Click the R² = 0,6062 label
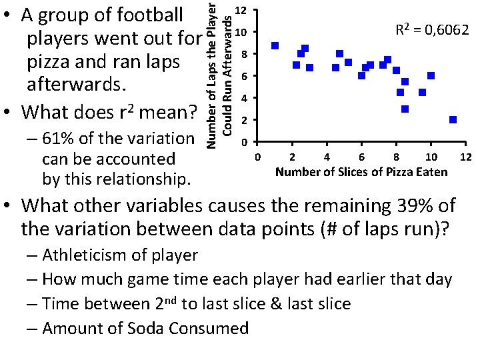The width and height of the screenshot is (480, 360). pyautogui.click(x=433, y=29)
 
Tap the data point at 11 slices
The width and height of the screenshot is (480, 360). pyautogui.click(x=453, y=120)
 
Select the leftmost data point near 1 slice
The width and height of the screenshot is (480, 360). pyautogui.click(x=275, y=46)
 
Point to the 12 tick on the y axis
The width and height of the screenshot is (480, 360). pyautogui.click(x=245, y=11)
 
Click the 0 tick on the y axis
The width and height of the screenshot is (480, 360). pyautogui.click(x=245, y=142)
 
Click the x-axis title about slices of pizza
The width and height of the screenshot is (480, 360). pyautogui.click(x=361, y=173)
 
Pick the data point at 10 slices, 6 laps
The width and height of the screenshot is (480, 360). pyautogui.click(x=431, y=75)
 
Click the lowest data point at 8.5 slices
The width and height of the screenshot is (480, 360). pyautogui.click(x=405, y=109)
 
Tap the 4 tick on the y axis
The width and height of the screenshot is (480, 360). pyautogui.click(x=245, y=99)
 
